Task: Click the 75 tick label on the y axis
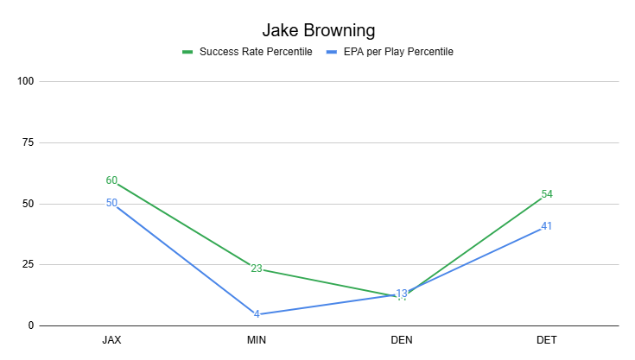(28, 142)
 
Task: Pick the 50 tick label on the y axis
(28, 204)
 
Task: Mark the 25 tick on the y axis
(28, 265)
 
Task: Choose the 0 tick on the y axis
(30, 326)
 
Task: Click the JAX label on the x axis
(111, 340)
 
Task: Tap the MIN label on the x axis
(257, 340)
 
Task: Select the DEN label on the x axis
(402, 340)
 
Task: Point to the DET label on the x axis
(546, 340)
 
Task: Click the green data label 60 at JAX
(111, 180)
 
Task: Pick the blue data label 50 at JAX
(111, 203)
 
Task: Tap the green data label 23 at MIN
(257, 268)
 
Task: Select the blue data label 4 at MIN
(257, 314)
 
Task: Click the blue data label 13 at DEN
(402, 294)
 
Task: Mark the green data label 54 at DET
(547, 194)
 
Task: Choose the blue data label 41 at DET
(547, 226)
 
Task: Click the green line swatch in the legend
(187, 52)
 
